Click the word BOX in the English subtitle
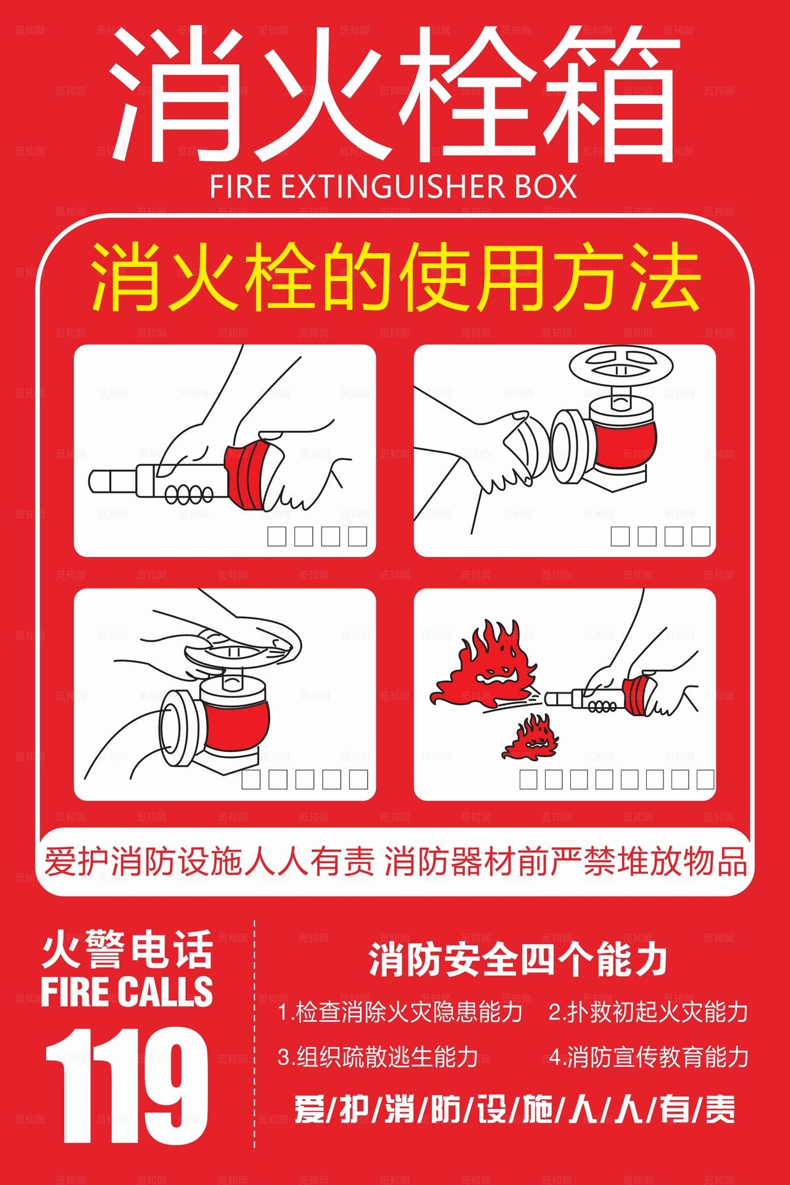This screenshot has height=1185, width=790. (543, 186)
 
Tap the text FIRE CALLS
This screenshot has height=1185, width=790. (127, 992)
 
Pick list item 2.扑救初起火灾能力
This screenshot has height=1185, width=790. (648, 1012)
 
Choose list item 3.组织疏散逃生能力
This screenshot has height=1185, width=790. (378, 1057)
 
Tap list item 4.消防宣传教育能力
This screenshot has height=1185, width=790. (648, 1057)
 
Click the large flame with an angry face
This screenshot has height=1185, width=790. (488, 667)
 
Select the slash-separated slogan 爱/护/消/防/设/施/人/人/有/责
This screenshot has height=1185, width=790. (515, 1110)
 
